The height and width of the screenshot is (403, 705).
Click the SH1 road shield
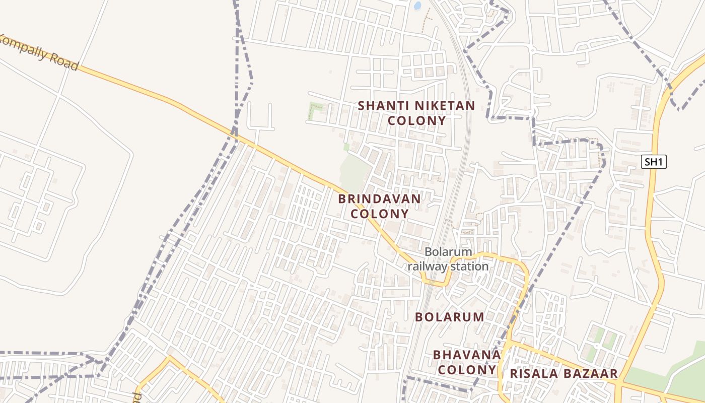(x=654, y=162)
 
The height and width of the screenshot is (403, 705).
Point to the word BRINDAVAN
(x=379, y=198)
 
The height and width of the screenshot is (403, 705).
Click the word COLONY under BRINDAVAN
(x=379, y=214)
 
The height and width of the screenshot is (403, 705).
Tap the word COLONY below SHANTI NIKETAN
(x=417, y=121)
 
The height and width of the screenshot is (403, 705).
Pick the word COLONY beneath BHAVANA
(x=467, y=370)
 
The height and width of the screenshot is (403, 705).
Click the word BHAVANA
(x=467, y=355)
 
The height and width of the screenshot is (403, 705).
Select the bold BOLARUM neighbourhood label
(x=449, y=317)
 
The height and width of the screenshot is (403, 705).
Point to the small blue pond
(x=417, y=6)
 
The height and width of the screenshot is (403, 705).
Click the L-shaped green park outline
(x=315, y=111)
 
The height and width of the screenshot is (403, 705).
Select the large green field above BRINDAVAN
(x=354, y=171)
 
